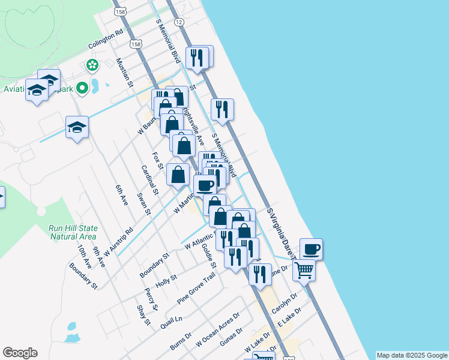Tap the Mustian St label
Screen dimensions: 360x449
[x=125, y=73]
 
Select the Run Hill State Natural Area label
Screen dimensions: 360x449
[x=73, y=232]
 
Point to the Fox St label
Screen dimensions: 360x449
[x=158, y=160]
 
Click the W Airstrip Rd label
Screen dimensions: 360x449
[x=118, y=241]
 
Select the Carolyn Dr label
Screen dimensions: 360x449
[x=285, y=304]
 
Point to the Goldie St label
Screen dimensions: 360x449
[x=209, y=256]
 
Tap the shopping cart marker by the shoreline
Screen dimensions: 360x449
[x=304, y=270]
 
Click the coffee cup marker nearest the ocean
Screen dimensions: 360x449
[x=311, y=248]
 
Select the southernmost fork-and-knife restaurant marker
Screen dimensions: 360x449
[x=260, y=274]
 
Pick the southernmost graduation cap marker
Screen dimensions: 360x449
[x=77, y=127]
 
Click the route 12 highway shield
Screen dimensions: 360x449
[x=179, y=22]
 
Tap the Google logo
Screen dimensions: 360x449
[x=20, y=353]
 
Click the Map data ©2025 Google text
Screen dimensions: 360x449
[x=412, y=355]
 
